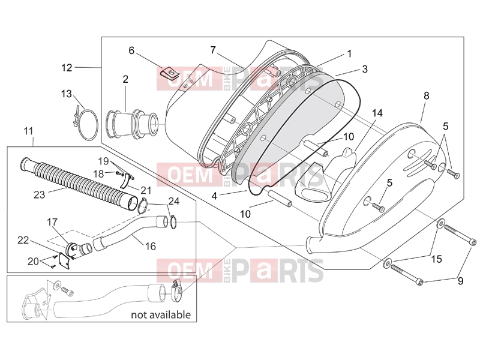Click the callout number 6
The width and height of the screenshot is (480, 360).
point(131,50)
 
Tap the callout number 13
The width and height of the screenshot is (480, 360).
point(67,94)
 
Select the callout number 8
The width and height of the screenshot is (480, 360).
point(427,96)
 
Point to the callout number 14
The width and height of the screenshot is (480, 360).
point(377,113)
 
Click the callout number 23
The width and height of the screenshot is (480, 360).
point(39,194)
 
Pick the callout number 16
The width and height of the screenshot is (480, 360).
point(151,246)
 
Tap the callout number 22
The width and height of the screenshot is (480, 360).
point(23,241)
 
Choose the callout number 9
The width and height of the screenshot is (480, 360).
point(460,281)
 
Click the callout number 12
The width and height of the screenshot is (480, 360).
point(67,68)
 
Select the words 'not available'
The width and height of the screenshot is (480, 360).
point(161,314)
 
